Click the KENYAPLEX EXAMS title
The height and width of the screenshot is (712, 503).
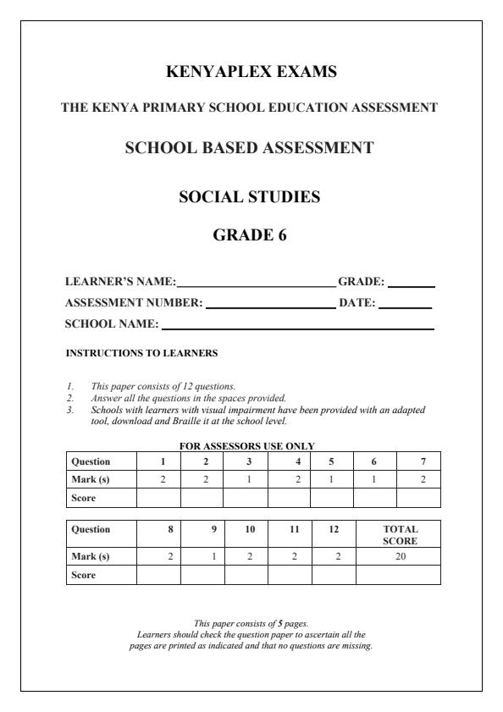251,73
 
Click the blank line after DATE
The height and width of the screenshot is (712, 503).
405,306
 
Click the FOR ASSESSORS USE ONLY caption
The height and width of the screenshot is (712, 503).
246,445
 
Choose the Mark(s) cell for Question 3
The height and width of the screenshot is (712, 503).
246,479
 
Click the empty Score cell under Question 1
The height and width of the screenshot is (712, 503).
158,498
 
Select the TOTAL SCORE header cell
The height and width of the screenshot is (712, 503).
398,533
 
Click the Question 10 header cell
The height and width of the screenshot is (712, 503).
246,529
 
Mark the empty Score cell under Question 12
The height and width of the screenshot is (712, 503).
334,575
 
